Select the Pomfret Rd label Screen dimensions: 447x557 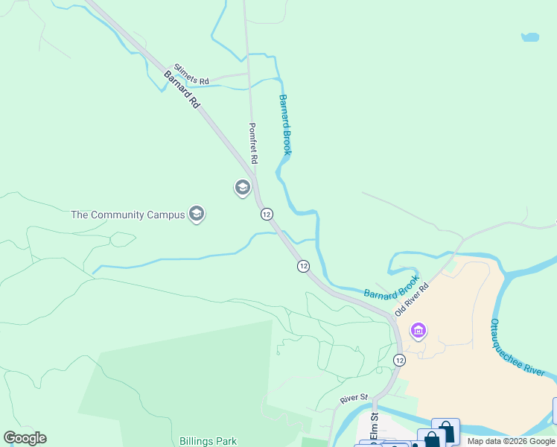pyautogui.click(x=252, y=143)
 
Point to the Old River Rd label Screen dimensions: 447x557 pyautogui.click(x=413, y=299)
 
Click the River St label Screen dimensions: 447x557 pyautogui.click(x=354, y=399)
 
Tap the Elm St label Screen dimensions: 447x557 pyautogui.click(x=375, y=426)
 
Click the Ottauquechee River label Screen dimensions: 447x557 pyautogui.click(x=517, y=347)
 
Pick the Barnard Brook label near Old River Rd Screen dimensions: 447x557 pyautogui.click(x=392, y=285)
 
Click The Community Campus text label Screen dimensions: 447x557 pyautogui.click(x=127, y=215)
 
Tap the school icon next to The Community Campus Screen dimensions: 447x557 pyautogui.click(x=197, y=215)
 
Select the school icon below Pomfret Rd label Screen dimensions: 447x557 pyautogui.click(x=242, y=188)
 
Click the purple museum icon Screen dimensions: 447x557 pyautogui.click(x=418, y=329)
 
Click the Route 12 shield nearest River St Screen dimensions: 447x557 pyautogui.click(x=400, y=361)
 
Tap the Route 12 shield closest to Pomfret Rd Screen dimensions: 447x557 pyautogui.click(x=267, y=214)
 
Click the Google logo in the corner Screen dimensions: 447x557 pyautogui.click(x=25, y=438)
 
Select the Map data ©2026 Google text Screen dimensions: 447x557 pyautogui.click(x=511, y=441)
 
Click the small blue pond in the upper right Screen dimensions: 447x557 pyautogui.click(x=529, y=37)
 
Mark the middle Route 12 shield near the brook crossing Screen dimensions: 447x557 pyautogui.click(x=303, y=266)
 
